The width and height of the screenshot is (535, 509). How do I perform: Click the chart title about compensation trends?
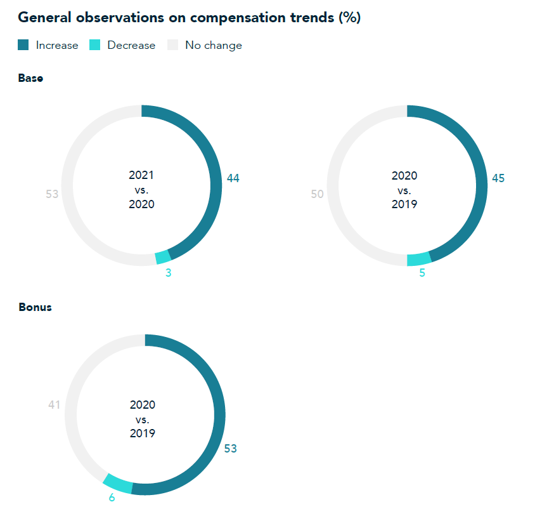tap(189, 18)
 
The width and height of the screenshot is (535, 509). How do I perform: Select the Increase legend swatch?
tap(23, 45)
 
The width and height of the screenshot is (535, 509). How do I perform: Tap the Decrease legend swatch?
tap(95, 45)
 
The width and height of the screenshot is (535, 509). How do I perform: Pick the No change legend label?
tap(213, 45)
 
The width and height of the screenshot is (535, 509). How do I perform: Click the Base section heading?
tap(30, 79)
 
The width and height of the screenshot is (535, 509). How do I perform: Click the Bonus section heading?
tap(35, 307)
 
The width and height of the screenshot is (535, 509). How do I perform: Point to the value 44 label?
tap(233, 179)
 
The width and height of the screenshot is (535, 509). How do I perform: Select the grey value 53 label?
tap(52, 194)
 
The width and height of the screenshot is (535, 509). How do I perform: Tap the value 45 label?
tap(498, 179)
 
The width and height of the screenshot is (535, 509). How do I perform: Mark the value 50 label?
tap(318, 194)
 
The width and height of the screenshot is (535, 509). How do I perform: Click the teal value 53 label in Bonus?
tap(230, 449)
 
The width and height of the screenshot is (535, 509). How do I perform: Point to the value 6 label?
tap(112, 497)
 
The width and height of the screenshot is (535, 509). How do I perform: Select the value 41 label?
tap(55, 404)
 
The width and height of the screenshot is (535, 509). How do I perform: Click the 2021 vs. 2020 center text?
tap(141, 189)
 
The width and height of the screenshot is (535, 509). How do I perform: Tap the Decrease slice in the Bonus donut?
tap(119, 483)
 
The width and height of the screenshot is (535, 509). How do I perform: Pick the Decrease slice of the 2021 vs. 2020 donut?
tap(163, 257)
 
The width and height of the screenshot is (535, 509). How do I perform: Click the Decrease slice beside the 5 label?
tap(419, 259)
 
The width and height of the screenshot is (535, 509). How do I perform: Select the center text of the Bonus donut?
tap(143, 419)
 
